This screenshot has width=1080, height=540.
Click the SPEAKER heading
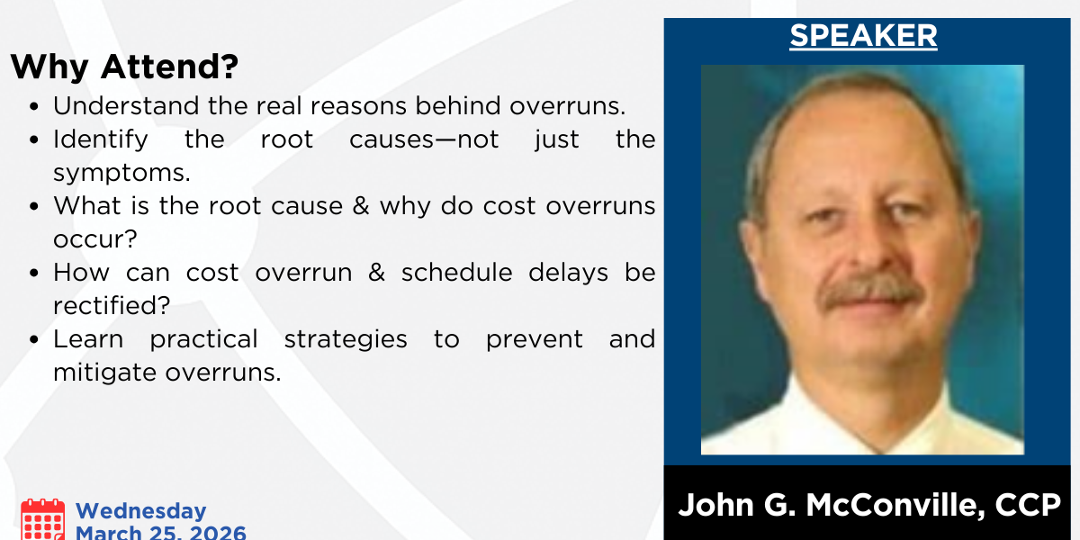click(863, 36)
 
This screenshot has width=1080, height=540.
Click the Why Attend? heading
click(124, 67)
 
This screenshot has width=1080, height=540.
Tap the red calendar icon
click(42, 520)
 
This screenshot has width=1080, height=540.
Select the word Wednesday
click(140, 511)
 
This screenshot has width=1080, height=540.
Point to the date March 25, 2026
click(161, 532)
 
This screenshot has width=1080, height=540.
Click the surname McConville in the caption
click(895, 505)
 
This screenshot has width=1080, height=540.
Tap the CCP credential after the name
click(1028, 505)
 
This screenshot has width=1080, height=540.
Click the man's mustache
click(870, 290)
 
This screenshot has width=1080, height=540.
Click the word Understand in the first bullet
click(126, 105)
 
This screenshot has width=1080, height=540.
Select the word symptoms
click(121, 174)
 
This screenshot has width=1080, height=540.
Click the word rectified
click(112, 305)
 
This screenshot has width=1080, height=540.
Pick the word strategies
click(346, 340)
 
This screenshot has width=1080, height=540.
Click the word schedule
click(456, 273)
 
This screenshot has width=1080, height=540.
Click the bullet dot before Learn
click(34, 339)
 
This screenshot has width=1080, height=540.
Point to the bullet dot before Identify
click(34, 139)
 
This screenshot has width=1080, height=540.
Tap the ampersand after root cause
click(361, 206)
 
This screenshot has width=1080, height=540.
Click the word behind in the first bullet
click(457, 105)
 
